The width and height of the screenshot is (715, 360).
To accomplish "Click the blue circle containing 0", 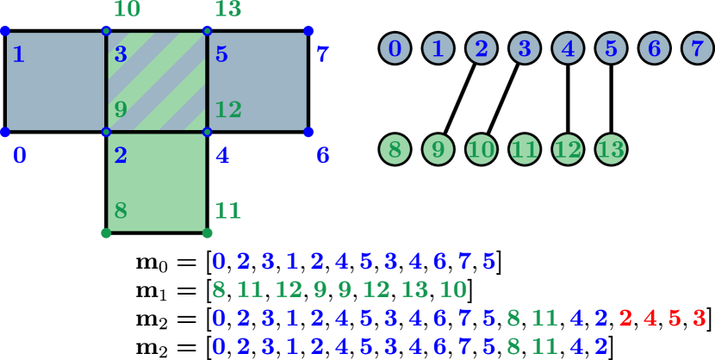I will click(395, 48).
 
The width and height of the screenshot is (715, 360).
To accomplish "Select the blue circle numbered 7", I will click(697, 48).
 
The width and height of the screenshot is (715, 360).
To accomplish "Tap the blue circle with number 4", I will click(568, 48).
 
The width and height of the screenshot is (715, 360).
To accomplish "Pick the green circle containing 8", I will click(395, 150).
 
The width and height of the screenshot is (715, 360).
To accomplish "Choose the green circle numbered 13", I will click(611, 150).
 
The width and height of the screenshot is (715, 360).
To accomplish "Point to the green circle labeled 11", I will click(525, 150).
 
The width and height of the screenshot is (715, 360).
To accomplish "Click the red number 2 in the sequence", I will click(625, 318).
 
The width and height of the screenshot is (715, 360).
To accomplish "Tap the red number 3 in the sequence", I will click(699, 318).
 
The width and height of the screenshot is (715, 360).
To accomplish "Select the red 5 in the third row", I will click(675, 318).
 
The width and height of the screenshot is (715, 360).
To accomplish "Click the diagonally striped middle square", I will click(156, 81).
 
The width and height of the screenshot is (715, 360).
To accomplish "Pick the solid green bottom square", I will click(156, 182).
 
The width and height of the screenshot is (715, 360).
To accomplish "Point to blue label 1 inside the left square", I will click(18, 54).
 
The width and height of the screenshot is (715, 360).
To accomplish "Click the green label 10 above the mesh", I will click(127, 9).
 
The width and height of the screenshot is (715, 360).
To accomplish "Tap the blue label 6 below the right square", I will click(323, 155).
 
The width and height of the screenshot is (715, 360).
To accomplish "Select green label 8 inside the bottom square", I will click(121, 209).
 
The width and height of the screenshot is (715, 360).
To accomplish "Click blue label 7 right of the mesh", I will click(322, 54).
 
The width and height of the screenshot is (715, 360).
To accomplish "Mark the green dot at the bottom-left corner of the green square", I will click(106, 233).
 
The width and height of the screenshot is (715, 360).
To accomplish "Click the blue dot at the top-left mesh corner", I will click(4, 31).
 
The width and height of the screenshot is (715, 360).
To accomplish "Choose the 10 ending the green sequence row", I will click(453, 289).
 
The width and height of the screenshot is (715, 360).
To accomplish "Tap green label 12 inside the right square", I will click(227, 109).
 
